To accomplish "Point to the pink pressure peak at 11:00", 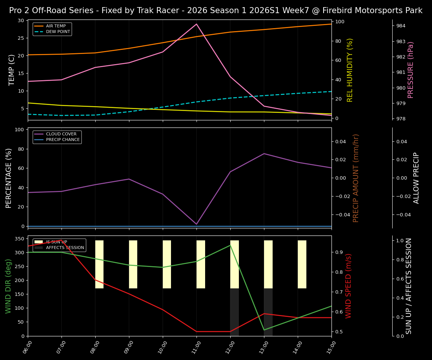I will (196, 24).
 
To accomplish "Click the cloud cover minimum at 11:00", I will (196, 224).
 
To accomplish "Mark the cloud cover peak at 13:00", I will (264, 153).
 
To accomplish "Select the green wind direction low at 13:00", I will (264, 330).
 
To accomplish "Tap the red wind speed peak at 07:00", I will (61, 240).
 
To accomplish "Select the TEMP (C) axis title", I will (12, 70).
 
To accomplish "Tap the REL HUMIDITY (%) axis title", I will (350, 70).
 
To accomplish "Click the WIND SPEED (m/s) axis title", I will (348, 286).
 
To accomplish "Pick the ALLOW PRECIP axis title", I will (416, 178).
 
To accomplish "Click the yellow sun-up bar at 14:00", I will (302, 264).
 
